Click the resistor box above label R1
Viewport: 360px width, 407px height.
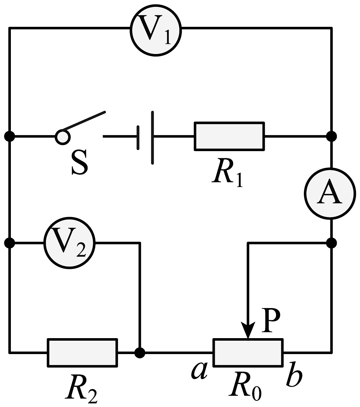[229, 136]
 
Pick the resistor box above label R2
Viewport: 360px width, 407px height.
[83, 353]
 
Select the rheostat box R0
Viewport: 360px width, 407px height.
[248, 353]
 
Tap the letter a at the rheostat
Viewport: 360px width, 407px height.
[200, 371]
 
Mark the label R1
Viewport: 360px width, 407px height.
[227, 173]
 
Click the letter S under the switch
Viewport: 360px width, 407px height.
[80, 163]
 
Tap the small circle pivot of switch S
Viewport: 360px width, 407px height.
[63, 137]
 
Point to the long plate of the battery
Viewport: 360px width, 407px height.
[152, 138]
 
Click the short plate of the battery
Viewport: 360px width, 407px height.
[138, 138]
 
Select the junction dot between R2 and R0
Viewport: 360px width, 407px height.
[140, 353]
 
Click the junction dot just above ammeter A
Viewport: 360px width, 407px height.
[331, 136]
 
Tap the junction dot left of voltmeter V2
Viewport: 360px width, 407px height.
[9, 243]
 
